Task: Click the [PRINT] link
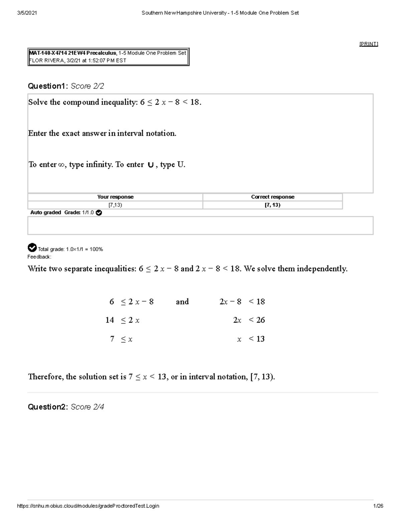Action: pos(369,44)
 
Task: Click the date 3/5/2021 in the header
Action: pos(27,13)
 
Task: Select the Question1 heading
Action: pos(47,86)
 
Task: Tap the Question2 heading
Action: pos(47,407)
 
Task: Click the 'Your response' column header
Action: pos(115,197)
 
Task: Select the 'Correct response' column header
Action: pos(273,197)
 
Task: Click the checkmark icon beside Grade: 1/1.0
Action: pos(99,213)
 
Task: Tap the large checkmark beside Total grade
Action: pos(32,248)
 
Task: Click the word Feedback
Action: pos(39,257)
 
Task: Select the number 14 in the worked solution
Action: pos(110,320)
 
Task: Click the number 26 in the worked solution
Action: pos(261,320)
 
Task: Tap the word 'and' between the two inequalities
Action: pos(182,302)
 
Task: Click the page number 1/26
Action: pos(379,506)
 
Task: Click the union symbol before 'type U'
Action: pos(150,165)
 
